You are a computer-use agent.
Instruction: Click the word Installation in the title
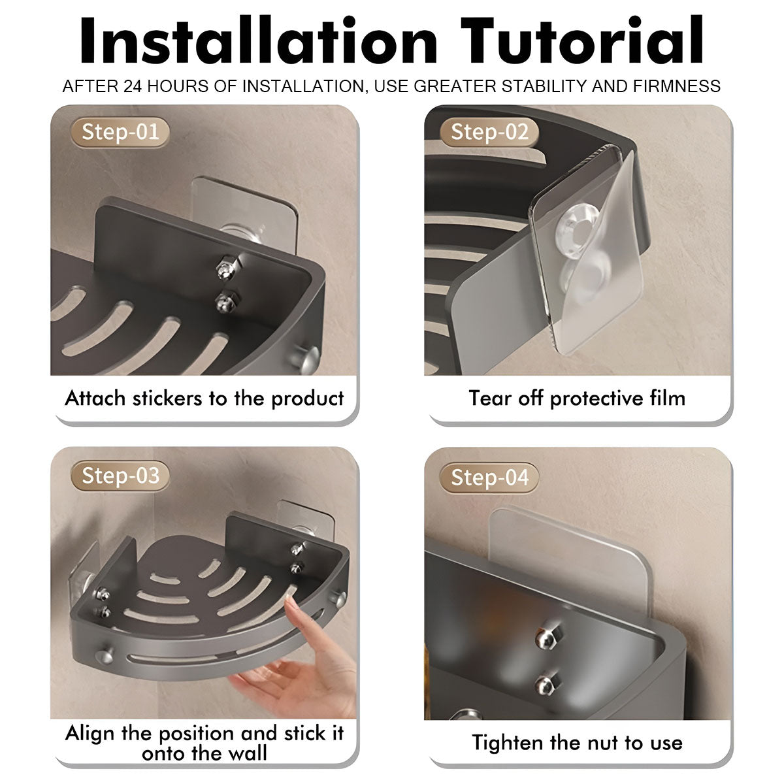[259, 40]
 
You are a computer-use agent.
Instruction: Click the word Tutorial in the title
[582, 40]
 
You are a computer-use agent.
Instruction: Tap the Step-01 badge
[120, 132]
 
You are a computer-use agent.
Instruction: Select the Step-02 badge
[489, 132]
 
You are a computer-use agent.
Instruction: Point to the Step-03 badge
[120, 476]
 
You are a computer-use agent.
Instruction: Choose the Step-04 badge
[489, 477]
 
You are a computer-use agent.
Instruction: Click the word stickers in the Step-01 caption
[167, 399]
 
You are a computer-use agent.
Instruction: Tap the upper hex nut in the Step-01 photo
[225, 267]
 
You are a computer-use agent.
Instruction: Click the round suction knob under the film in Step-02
[577, 231]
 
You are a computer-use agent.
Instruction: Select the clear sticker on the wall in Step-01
[245, 210]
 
